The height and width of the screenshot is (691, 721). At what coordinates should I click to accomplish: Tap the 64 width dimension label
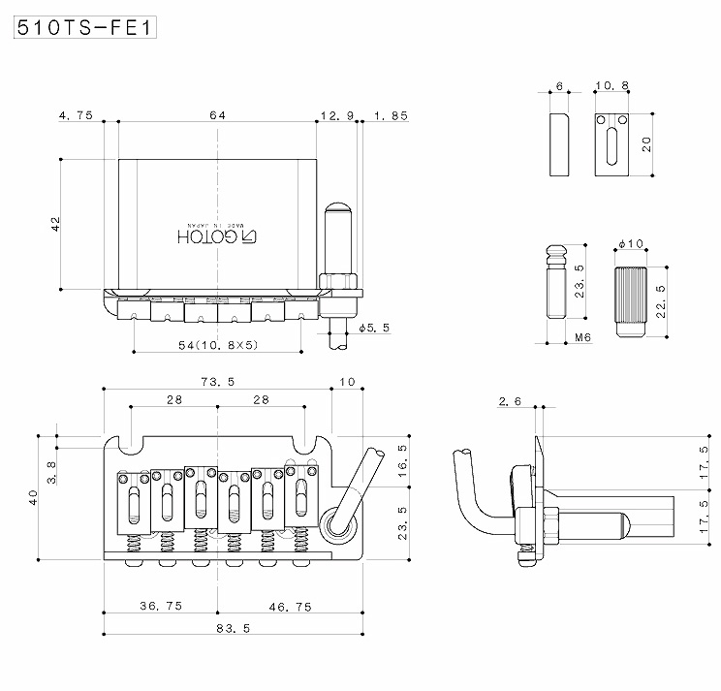coord(217,115)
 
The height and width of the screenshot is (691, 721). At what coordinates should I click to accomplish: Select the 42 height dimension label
coord(55,223)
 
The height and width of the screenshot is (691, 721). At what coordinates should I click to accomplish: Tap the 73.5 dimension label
coord(217,382)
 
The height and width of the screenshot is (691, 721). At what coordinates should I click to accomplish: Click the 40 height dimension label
coord(35,497)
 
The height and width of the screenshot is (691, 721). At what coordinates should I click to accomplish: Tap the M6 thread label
coord(582,338)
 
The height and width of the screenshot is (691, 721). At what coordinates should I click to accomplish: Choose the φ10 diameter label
coord(631,243)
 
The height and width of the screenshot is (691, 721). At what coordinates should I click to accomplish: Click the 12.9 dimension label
coord(330,115)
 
